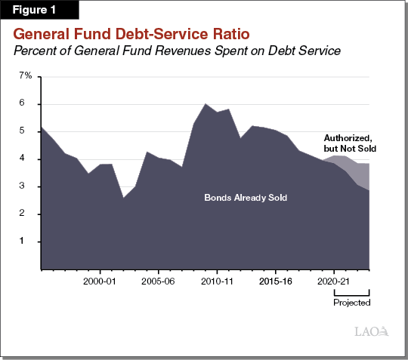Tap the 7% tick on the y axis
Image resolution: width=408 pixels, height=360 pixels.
(x=25, y=76)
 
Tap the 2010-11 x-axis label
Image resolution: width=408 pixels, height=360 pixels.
(x=217, y=280)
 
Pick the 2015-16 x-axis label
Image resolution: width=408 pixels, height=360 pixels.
(x=276, y=280)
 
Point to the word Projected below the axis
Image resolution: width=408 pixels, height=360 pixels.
(x=352, y=303)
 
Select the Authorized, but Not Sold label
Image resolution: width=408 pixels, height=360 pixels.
(x=350, y=143)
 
